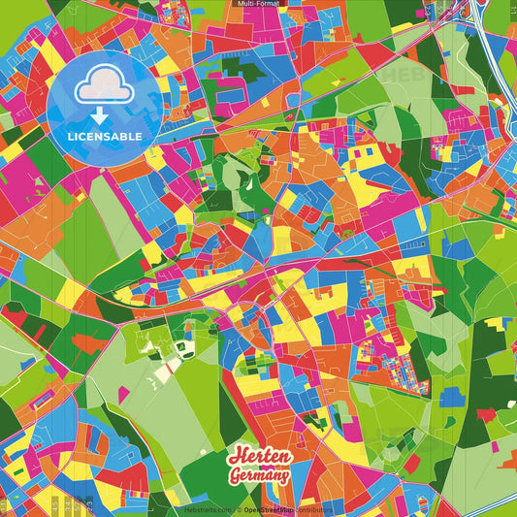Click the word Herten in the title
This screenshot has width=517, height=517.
(x=258, y=458)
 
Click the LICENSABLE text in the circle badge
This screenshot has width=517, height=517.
(x=105, y=136)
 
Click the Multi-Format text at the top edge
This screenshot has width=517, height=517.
(x=258, y=4)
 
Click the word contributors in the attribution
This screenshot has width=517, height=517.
(x=312, y=509)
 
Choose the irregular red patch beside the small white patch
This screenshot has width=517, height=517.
(x=485, y=414)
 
